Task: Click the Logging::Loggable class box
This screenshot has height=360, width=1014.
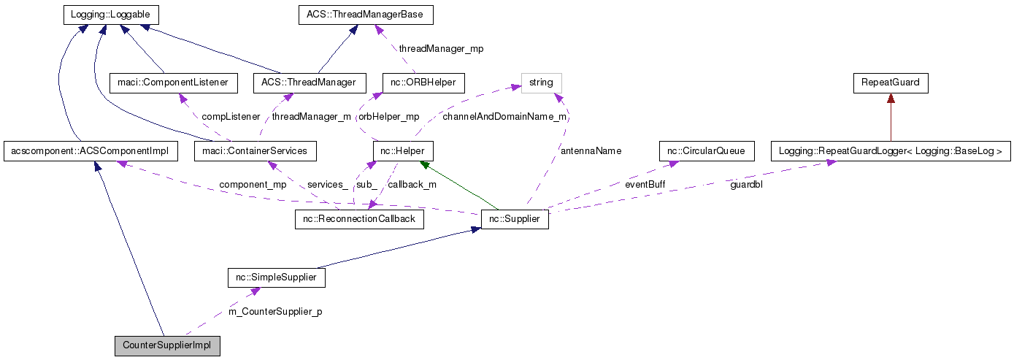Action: click(x=110, y=15)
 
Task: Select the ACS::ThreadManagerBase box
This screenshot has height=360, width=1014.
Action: click(x=366, y=15)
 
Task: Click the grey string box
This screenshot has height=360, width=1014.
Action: click(x=541, y=83)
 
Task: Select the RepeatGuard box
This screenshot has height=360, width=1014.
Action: click(x=891, y=83)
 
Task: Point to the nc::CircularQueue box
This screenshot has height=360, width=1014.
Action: click(x=705, y=151)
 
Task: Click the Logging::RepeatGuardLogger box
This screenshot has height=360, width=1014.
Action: click(x=891, y=151)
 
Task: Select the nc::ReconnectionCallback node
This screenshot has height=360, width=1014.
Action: click(x=359, y=219)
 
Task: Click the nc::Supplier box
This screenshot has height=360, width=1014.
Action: click(x=515, y=219)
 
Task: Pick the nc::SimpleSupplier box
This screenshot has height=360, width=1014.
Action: click(x=276, y=278)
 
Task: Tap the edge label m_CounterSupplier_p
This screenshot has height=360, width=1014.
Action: click(x=275, y=312)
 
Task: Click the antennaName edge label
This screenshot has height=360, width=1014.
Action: click(x=591, y=151)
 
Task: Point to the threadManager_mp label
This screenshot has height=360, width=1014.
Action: click(x=441, y=49)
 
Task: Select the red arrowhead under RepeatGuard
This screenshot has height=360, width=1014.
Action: click(x=891, y=99)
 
